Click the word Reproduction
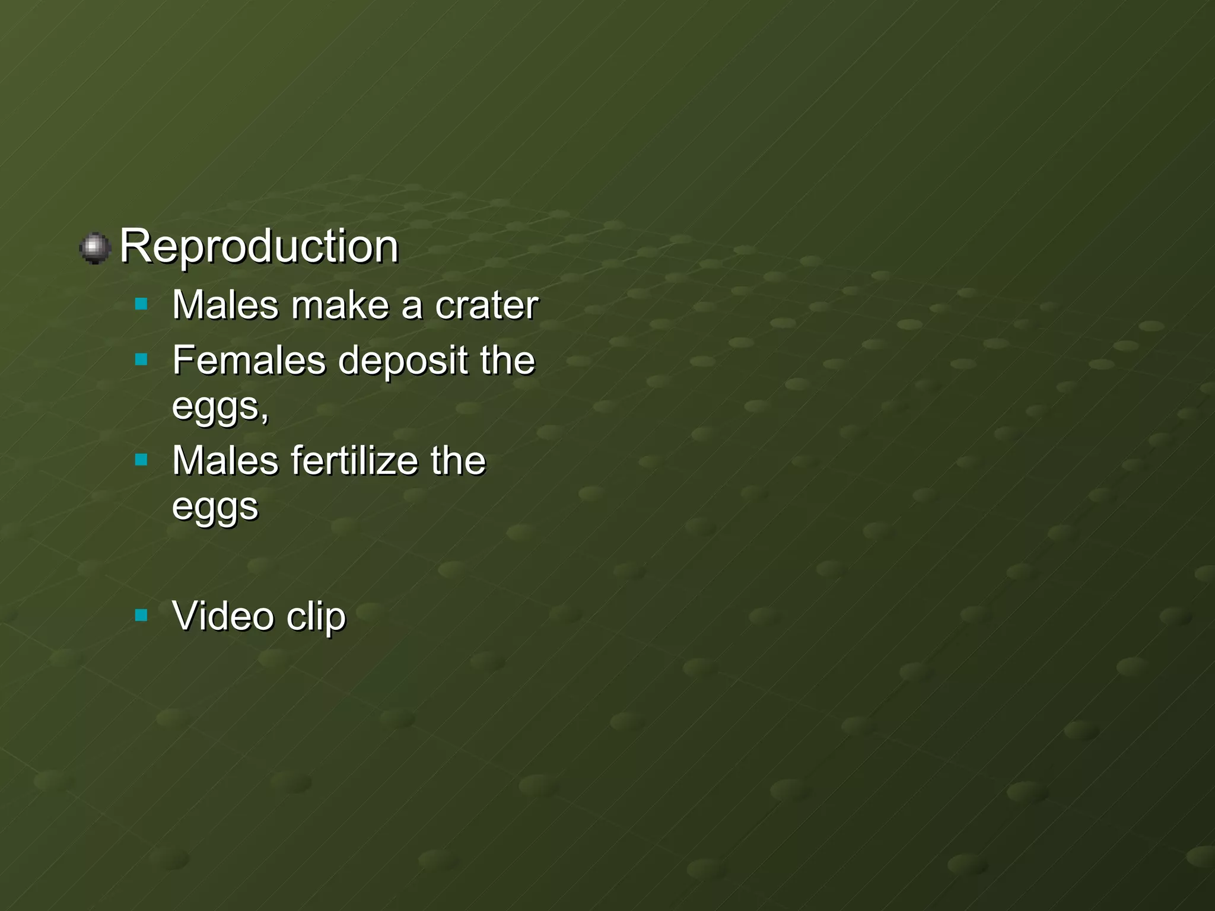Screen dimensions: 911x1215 pos(259,246)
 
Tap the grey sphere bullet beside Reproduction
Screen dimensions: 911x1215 pos(95,248)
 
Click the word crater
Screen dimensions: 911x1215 pos(486,305)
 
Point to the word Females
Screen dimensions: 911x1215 pos(249,360)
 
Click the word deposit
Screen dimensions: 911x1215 pos(403,361)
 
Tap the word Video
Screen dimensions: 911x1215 pos(223,616)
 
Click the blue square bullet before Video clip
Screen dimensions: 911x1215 pos(141,615)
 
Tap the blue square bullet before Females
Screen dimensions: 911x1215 pos(141,359)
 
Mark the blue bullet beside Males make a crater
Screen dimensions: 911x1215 pos(141,305)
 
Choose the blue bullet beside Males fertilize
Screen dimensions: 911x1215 pos(141,460)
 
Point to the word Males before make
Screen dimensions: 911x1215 pos(225,305)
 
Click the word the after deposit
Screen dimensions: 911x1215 pos(507,360)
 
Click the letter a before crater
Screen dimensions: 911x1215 pos(412,306)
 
